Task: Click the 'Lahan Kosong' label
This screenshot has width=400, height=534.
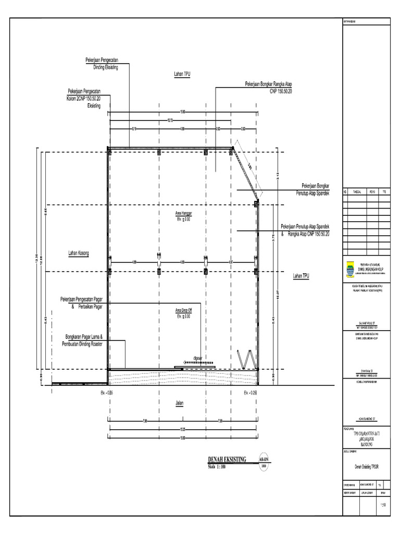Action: pyautogui.click(x=79, y=253)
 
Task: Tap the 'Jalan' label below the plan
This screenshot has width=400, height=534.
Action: pyautogui.click(x=180, y=403)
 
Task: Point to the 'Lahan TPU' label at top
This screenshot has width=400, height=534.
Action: pyautogui.click(x=182, y=74)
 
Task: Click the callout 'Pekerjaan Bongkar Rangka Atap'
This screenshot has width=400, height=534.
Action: pyautogui.click(x=269, y=83)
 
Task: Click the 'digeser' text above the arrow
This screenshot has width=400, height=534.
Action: pyautogui.click(x=197, y=358)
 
